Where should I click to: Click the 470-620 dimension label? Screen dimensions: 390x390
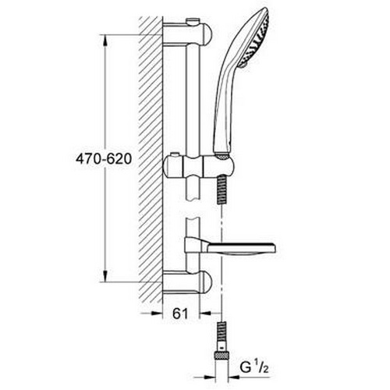tap(104, 159)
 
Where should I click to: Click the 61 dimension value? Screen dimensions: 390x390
tap(180, 314)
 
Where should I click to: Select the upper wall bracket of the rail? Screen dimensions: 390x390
tap(187, 34)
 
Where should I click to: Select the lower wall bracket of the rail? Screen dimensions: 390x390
tap(187, 282)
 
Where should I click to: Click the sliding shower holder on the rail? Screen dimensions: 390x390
tap(198, 167)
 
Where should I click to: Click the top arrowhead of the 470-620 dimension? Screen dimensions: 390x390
tap(105, 41)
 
